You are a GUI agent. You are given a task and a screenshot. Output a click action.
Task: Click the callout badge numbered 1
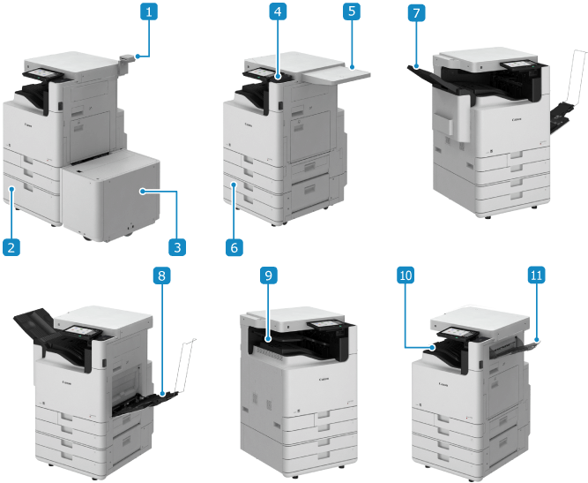click(151, 12)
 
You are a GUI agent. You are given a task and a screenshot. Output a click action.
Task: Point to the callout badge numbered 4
click(278, 12)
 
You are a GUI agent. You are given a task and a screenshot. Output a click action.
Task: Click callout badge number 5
click(351, 12)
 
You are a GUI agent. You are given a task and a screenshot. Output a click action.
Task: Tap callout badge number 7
click(415, 12)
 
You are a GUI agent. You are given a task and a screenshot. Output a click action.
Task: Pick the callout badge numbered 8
click(160, 275)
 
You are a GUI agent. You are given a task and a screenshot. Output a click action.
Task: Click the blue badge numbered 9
click(267, 275)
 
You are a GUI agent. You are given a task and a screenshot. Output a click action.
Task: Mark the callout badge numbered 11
click(536, 275)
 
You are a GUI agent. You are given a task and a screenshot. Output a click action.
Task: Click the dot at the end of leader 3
click(142, 190)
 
